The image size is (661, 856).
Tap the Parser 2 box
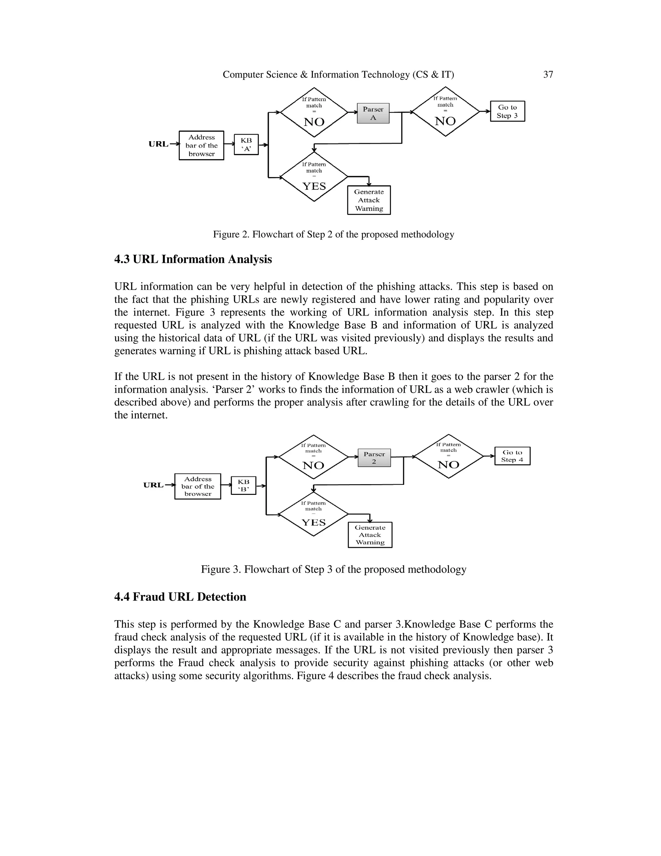click(x=374, y=457)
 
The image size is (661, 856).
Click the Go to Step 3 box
click(x=507, y=111)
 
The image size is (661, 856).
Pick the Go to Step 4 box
click(x=512, y=456)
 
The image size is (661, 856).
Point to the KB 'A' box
click(x=246, y=144)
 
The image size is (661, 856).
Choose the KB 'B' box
click(x=243, y=485)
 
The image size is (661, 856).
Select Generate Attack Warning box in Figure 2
click(x=369, y=200)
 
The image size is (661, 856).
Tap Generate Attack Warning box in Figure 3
click(x=370, y=535)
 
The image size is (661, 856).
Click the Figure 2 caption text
click(x=333, y=235)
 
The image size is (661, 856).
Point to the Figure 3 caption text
click(x=333, y=569)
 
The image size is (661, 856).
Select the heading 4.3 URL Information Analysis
click(x=193, y=259)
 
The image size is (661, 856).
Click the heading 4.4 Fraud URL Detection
click(x=180, y=597)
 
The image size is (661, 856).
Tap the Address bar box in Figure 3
click(x=198, y=486)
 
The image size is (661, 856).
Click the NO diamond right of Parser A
click(x=446, y=112)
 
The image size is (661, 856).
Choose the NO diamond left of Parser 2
click(x=313, y=457)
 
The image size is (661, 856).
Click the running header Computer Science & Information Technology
click(x=338, y=75)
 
